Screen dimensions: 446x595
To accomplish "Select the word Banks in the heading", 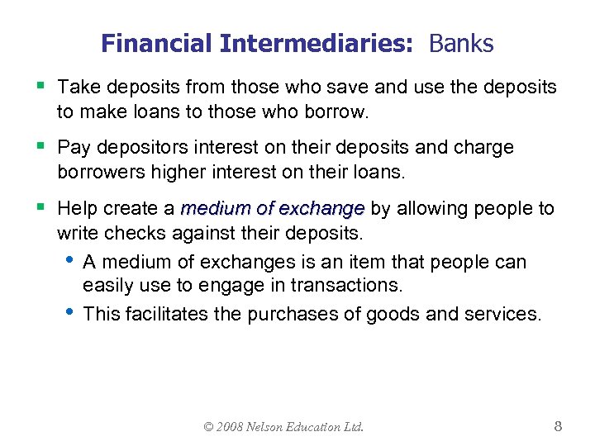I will click(461, 44).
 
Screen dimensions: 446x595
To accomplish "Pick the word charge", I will click(481, 148).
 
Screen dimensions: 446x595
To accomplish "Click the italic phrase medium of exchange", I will click(273, 208).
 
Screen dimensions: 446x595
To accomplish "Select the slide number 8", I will click(558, 426).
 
